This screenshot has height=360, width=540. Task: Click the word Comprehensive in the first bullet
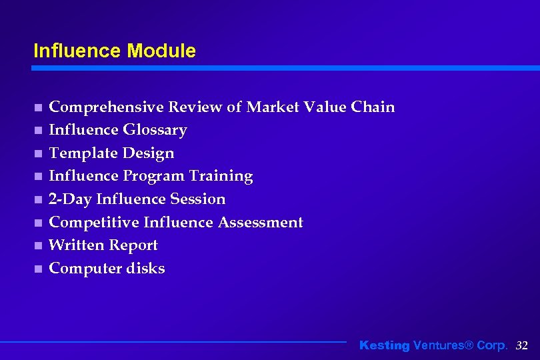(x=107, y=107)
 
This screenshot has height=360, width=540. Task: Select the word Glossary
(x=155, y=130)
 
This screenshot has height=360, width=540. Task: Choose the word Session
(x=198, y=199)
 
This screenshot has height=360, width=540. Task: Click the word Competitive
(x=94, y=222)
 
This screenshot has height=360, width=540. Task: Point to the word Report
(x=133, y=245)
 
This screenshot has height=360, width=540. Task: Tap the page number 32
(x=522, y=345)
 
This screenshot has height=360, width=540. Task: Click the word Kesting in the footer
(x=384, y=345)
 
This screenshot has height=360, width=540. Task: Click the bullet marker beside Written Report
(x=39, y=246)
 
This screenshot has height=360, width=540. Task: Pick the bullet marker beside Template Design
(x=39, y=153)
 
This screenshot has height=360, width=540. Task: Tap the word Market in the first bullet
(x=273, y=107)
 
